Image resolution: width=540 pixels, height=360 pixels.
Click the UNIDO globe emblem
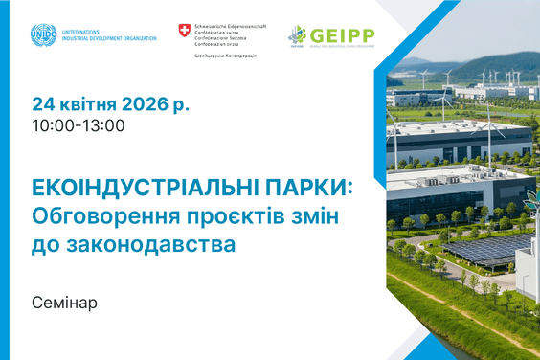pyautogui.click(x=43, y=36)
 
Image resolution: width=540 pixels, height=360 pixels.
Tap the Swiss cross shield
pyautogui.click(x=184, y=32)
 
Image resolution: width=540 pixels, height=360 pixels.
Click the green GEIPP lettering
pyautogui.click(x=342, y=35)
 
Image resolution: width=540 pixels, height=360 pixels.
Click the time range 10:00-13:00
pyautogui.click(x=78, y=124)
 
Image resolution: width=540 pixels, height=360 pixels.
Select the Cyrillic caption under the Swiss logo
pyautogui.click(x=224, y=55)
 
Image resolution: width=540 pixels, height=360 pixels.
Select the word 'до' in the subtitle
pyautogui.click(x=46, y=245)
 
